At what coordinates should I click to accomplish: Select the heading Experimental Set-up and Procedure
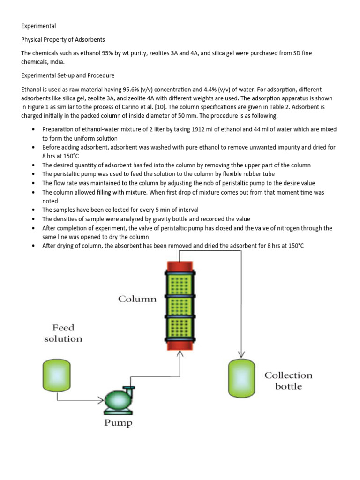pyautogui.click(x=67, y=75)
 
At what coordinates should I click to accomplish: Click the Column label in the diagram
pyautogui.click(x=137, y=299)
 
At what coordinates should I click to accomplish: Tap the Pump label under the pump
pyautogui.click(x=119, y=423)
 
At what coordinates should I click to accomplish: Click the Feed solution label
pyautogui.click(x=63, y=333)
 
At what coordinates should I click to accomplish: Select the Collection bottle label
pyautogui.click(x=288, y=381)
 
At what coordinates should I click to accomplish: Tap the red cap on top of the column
pyautogui.click(x=180, y=266)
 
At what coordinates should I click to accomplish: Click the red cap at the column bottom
pyautogui.click(x=180, y=345)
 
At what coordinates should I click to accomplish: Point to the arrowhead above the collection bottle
pyautogui.click(x=241, y=355)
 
